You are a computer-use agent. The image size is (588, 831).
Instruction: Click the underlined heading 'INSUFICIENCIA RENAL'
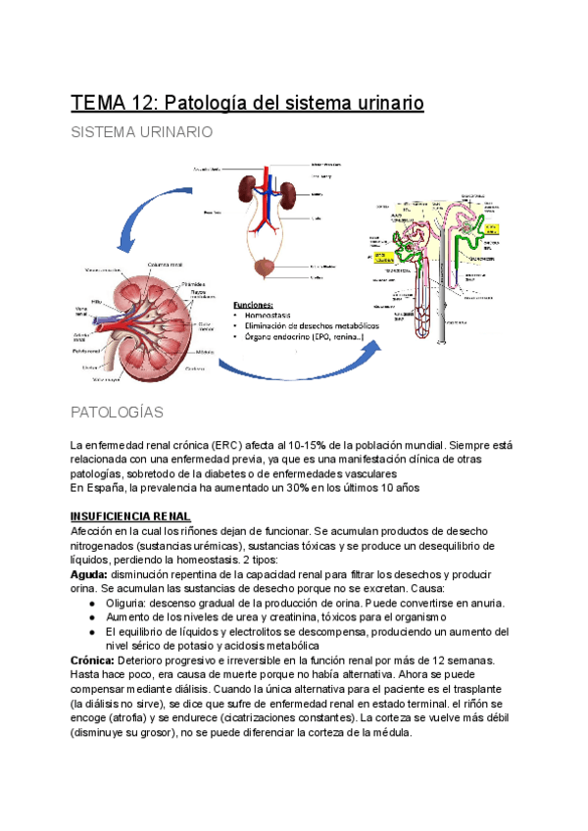[129, 515]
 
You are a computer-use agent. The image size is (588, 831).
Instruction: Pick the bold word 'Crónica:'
[94, 661]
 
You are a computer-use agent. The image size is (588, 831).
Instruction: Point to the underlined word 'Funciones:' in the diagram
[254, 305]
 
